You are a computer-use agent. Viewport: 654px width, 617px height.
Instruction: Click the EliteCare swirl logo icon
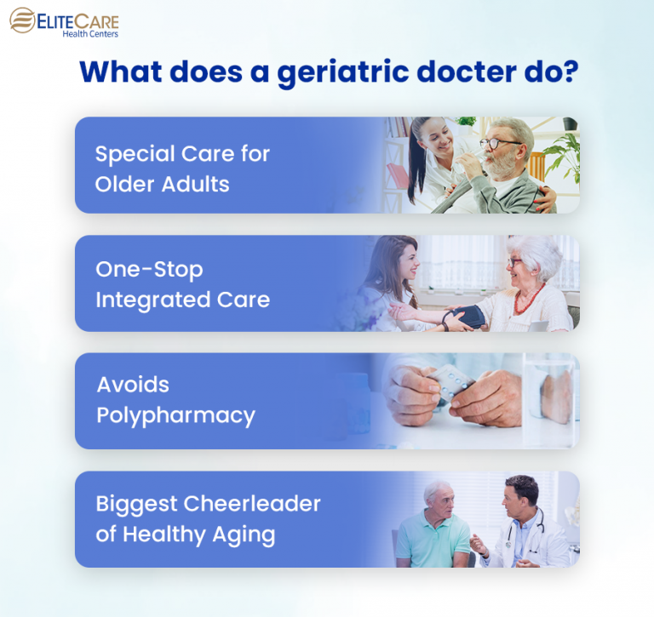point(23,20)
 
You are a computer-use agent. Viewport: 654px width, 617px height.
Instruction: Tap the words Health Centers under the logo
point(90,34)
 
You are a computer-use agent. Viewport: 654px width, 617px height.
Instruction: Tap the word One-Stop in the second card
point(150,271)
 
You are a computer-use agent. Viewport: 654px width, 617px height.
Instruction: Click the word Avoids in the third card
point(133,385)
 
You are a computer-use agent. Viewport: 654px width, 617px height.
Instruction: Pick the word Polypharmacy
point(175,415)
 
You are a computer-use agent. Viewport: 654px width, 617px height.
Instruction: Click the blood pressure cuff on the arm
point(464,317)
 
